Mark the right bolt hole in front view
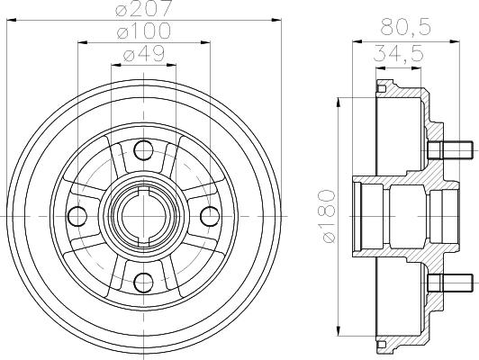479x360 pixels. click(208, 216)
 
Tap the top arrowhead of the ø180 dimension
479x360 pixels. click(339, 97)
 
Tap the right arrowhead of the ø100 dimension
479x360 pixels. click(204, 43)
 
